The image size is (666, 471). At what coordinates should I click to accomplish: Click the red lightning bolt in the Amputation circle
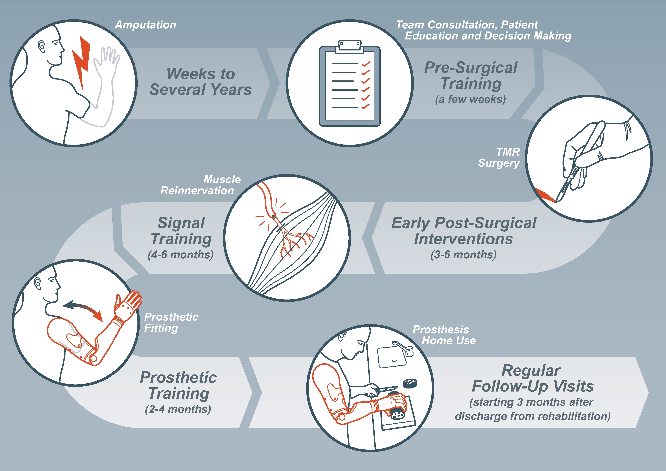(x=81, y=62)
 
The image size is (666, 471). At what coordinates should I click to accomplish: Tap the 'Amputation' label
(x=146, y=25)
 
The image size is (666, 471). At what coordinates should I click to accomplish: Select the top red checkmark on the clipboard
(x=366, y=64)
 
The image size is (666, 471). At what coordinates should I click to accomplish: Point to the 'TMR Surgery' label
(x=499, y=157)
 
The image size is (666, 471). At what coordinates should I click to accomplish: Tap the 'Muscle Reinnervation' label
(x=200, y=185)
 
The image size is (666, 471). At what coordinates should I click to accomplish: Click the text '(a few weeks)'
(x=470, y=99)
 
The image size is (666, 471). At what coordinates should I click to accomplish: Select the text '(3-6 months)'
(x=463, y=255)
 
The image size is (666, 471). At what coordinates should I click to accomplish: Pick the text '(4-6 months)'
(x=181, y=255)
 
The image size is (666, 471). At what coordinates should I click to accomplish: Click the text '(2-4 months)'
(x=178, y=409)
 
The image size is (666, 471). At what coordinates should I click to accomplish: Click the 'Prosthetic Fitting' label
(x=171, y=322)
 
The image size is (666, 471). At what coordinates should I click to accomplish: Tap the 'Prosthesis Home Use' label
(x=444, y=335)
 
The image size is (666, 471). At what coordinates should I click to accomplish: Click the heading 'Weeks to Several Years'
(x=200, y=82)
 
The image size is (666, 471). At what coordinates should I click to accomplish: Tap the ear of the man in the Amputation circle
(x=42, y=46)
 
